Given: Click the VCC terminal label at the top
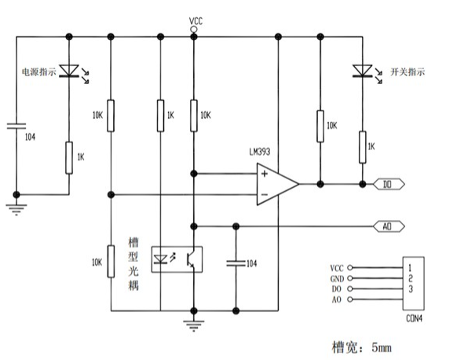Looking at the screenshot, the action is (x=196, y=21).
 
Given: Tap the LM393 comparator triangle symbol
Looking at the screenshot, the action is (x=277, y=184).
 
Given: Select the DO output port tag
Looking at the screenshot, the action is (x=389, y=185).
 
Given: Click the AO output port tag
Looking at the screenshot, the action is (x=389, y=226).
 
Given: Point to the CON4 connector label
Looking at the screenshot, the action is (x=415, y=318).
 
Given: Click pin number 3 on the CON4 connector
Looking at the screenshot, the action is (x=411, y=289).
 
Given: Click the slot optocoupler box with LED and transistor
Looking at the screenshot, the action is (x=177, y=259).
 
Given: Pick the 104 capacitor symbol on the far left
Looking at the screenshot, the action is (x=16, y=126).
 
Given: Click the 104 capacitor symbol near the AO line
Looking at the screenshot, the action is (x=236, y=263).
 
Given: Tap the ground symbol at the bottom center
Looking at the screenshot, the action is (x=194, y=325).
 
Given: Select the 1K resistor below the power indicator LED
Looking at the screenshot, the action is (x=69, y=158).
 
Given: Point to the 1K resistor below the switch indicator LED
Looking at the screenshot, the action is (x=362, y=147).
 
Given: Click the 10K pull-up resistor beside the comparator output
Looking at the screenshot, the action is (x=320, y=126).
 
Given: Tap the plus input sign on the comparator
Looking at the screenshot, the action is (x=265, y=174).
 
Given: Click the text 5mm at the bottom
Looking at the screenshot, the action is (x=382, y=347).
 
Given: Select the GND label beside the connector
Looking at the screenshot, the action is (x=337, y=279).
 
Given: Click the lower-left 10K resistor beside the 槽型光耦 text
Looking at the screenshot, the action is (x=111, y=262).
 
